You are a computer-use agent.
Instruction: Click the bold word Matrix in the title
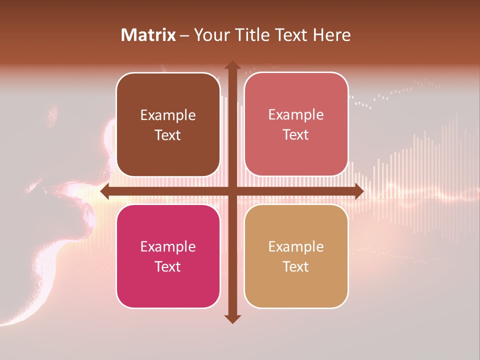[148, 35]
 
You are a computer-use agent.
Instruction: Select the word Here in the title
[332, 35]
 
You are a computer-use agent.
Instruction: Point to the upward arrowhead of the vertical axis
[232, 65]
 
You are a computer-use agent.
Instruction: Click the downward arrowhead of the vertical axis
[232, 318]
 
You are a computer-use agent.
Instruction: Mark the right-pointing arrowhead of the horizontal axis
[358, 191]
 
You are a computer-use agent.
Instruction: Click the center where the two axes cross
[232, 191]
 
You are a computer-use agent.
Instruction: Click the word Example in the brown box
[168, 115]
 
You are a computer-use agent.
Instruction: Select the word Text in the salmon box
[296, 135]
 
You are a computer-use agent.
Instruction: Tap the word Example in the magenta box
[168, 246]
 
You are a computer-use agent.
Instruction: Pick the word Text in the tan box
[296, 266]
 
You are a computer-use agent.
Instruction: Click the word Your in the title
[211, 35]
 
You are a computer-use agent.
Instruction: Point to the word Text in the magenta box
[168, 266]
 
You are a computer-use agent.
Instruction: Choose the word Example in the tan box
[296, 246]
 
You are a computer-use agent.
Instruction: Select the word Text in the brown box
[168, 135]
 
